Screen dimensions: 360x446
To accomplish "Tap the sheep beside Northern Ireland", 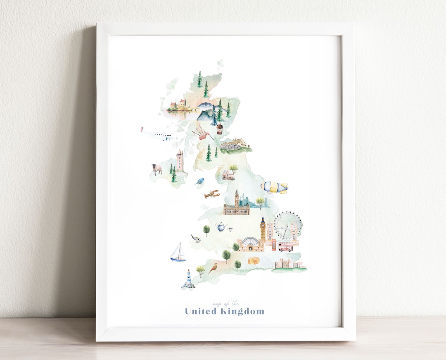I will click(x=157, y=169).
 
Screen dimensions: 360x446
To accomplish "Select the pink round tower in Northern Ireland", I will click(x=180, y=160).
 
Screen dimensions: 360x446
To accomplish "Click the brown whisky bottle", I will click(x=220, y=128).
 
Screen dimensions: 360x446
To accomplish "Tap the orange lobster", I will click(x=211, y=194).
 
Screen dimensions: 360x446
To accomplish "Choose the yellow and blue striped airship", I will click(x=274, y=187).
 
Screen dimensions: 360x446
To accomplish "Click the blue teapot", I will click(x=222, y=226).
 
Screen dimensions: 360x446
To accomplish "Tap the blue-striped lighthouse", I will click(x=188, y=279).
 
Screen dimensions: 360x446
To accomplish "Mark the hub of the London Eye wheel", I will click(x=288, y=225).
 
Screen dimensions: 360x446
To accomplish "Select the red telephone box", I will click(x=273, y=245).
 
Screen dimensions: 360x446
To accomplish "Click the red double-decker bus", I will click(x=285, y=247).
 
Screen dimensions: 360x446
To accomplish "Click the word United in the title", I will click(x=201, y=311).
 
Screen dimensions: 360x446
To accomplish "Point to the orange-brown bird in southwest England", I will click(x=214, y=268).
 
